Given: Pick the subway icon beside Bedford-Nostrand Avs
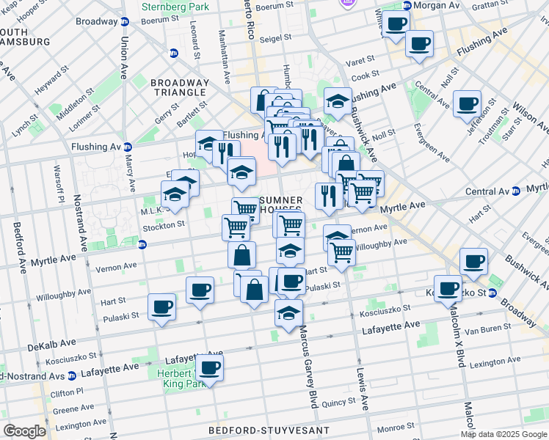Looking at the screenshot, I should (71, 375).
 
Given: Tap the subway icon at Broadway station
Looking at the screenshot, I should (124, 21).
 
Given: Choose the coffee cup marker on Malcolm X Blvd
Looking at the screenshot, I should (448, 289).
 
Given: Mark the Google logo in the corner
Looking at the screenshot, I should (24, 431).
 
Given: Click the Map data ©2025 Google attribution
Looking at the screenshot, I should (503, 434).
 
